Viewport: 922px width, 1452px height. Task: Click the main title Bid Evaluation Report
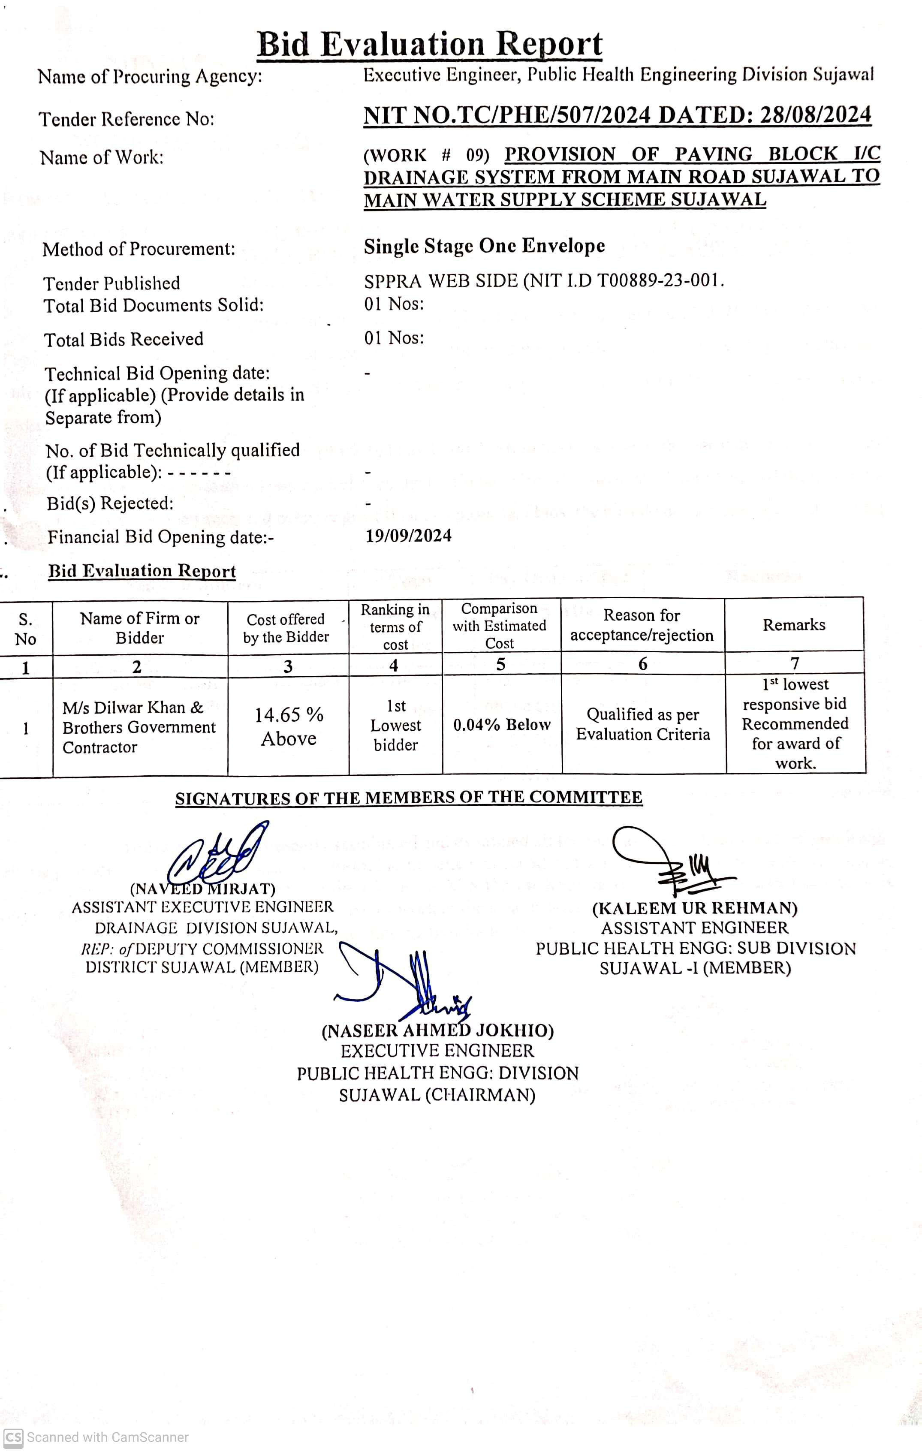[429, 45]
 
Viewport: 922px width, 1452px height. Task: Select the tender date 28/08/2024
[815, 114]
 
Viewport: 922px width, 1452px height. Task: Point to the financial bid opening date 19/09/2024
[408, 536]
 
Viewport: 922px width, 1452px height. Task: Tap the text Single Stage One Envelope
[484, 246]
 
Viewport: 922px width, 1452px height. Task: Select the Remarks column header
[793, 625]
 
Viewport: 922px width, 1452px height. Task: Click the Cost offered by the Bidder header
[286, 628]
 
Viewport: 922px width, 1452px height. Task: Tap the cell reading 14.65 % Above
[289, 726]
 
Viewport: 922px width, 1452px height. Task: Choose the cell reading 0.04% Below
[502, 725]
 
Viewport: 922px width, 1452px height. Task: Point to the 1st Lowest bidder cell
[395, 726]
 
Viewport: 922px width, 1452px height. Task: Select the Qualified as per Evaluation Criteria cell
[643, 724]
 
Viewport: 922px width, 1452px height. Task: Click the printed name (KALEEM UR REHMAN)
[695, 908]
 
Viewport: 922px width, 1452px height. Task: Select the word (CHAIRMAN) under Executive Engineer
[480, 1095]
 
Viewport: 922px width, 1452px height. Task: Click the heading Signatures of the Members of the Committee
[408, 798]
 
